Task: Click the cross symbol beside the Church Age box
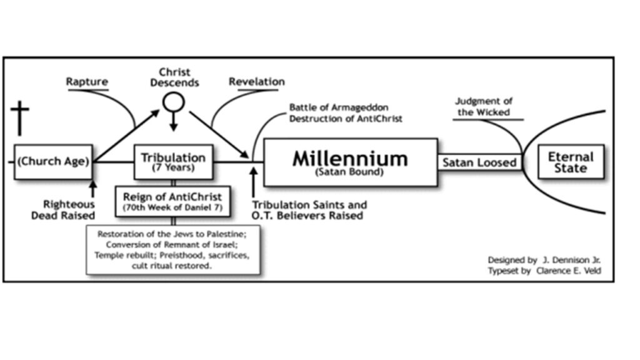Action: [x=20, y=119]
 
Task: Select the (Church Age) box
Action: [x=53, y=161]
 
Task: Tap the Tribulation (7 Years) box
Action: [x=173, y=162]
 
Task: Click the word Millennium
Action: [x=349, y=158]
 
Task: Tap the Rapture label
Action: [x=87, y=82]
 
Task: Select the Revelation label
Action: [x=256, y=82]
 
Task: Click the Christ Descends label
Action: [x=174, y=77]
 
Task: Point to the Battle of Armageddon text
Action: [x=331, y=107]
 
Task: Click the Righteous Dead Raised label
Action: [x=69, y=210]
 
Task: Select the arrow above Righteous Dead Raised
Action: [x=93, y=188]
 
